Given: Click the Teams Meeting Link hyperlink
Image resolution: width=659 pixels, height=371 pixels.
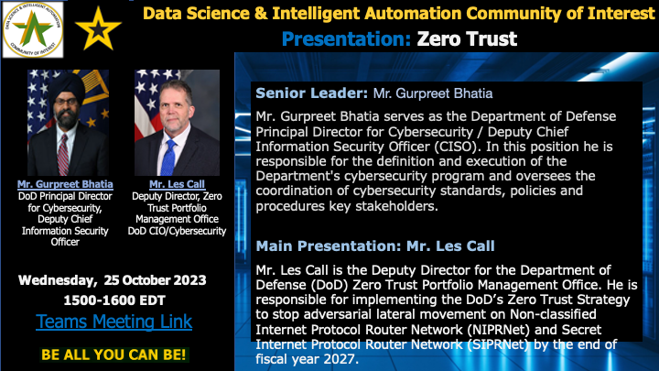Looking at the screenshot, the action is click(x=113, y=322).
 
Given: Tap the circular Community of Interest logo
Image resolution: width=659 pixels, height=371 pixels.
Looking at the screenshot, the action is click(x=33, y=29).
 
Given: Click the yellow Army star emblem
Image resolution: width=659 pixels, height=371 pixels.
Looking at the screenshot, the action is click(x=98, y=28).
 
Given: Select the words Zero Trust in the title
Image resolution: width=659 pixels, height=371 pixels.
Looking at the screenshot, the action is click(x=467, y=39).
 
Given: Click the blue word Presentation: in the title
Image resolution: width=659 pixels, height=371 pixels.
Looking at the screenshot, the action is click(x=346, y=39).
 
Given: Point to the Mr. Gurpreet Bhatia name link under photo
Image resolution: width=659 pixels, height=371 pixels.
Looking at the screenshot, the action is click(x=65, y=184).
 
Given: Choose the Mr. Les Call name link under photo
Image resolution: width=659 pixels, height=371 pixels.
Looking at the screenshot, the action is click(x=177, y=184).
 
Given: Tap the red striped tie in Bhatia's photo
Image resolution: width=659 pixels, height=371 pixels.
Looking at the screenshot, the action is click(x=63, y=155).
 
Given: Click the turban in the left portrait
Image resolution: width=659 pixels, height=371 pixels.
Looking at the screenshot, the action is click(x=67, y=85).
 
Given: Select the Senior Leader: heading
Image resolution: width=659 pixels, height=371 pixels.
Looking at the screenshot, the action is click(x=311, y=93).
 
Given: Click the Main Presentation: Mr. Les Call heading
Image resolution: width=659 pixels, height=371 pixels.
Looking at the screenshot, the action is click(x=375, y=246).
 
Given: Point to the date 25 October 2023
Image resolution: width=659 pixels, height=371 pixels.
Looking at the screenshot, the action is click(x=155, y=280).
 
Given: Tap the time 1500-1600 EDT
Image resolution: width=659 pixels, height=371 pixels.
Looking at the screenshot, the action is click(x=114, y=300).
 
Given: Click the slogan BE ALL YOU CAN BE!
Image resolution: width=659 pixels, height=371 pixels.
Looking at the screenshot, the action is click(x=113, y=355).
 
